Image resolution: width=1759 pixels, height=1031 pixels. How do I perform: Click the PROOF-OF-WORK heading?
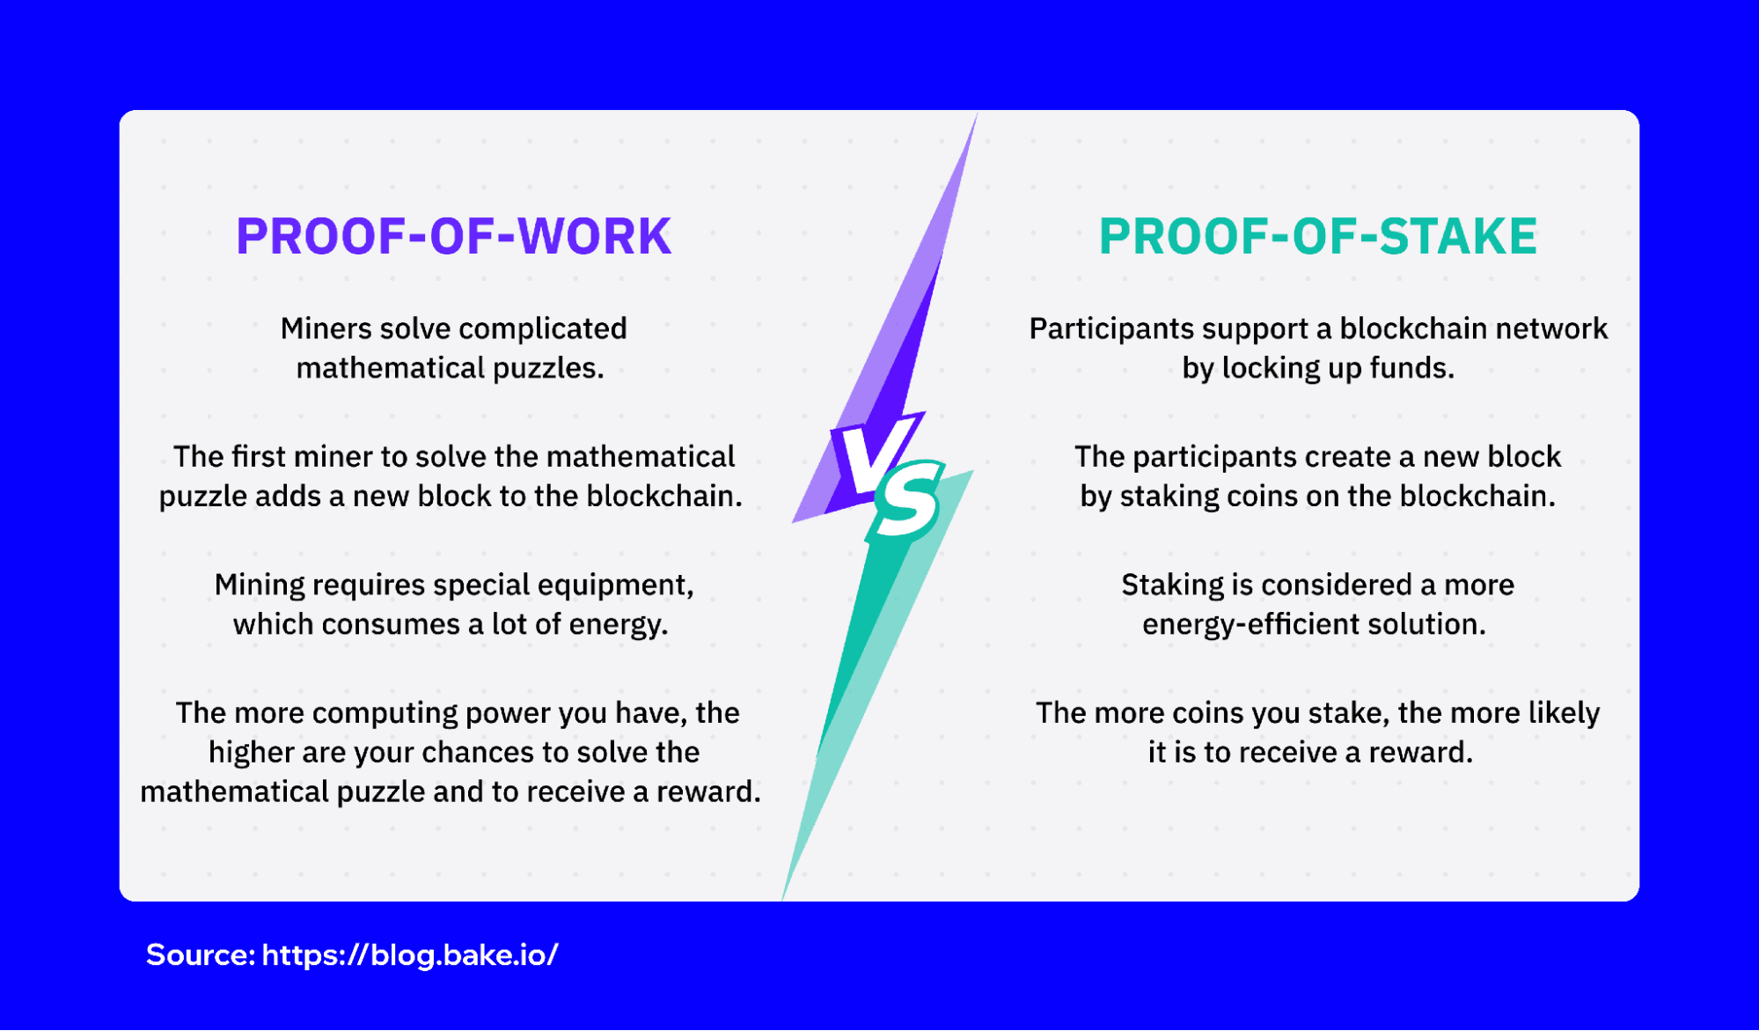[x=453, y=237]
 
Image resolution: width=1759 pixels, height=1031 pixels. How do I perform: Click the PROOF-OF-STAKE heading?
[x=1317, y=237]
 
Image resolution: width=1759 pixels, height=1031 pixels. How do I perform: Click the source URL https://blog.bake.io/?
[x=409, y=955]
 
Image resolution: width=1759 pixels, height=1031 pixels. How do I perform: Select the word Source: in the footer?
[x=201, y=955]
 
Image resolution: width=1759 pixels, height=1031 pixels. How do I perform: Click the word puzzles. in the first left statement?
[x=548, y=369]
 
